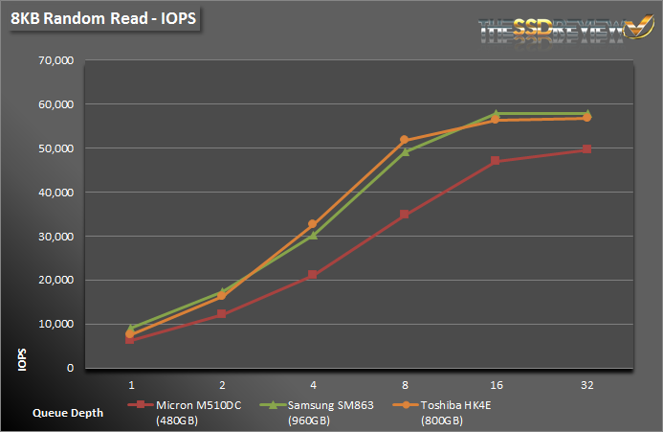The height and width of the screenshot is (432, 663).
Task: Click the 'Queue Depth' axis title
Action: point(66,413)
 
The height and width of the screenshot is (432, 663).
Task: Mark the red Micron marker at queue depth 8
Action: point(405,215)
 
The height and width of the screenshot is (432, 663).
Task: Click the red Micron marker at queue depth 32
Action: point(586,149)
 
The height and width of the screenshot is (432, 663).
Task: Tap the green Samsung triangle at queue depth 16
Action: point(496,114)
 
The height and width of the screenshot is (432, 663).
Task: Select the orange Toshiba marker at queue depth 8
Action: point(405,140)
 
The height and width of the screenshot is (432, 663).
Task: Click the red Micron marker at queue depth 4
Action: point(313,275)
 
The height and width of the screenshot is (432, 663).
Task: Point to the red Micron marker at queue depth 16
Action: point(496,161)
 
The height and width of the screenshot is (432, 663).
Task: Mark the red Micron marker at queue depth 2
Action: point(222,314)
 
